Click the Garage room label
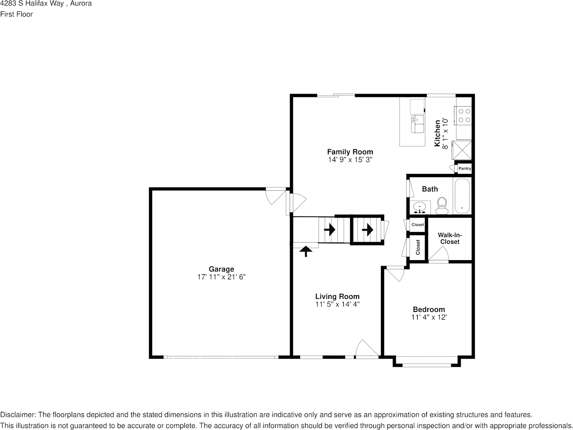(x=221, y=269)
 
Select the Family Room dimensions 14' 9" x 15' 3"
(x=350, y=160)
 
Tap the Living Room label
(x=337, y=297)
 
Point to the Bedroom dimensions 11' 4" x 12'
(x=429, y=317)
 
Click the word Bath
(x=430, y=189)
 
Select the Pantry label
(x=464, y=168)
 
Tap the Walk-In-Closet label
(x=450, y=238)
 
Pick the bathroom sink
(x=420, y=208)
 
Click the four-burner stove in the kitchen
(x=464, y=115)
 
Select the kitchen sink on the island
(x=417, y=124)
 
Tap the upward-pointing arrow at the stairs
(x=306, y=251)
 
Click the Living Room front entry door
(x=367, y=349)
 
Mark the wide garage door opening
(x=221, y=357)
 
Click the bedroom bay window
(x=427, y=364)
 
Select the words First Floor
(x=16, y=14)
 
